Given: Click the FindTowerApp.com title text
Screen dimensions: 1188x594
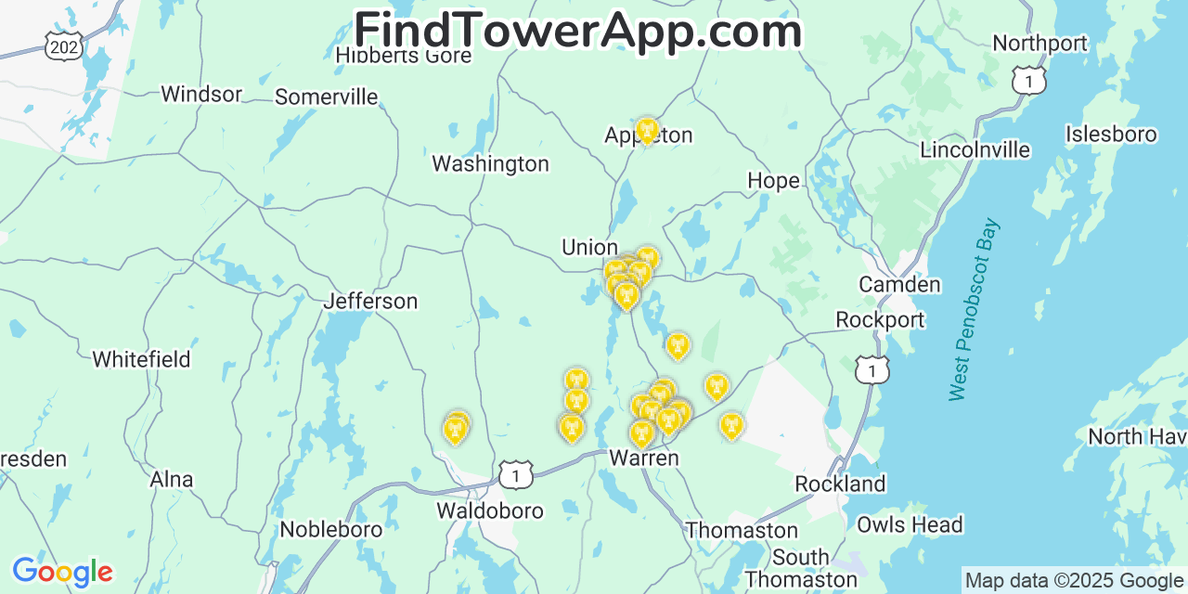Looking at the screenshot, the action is click(x=577, y=32).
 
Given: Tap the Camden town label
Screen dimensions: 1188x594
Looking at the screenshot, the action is click(x=899, y=285).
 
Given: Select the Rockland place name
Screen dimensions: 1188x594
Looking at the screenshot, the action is click(x=840, y=484).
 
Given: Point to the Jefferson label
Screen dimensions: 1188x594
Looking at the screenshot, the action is click(x=370, y=302).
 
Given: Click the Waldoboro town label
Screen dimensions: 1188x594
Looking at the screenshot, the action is click(x=490, y=510).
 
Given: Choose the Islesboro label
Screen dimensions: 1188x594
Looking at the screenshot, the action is click(x=1111, y=135).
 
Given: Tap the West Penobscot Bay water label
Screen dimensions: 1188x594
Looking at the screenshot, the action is click(x=974, y=309).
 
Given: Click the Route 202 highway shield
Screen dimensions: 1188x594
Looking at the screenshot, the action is click(x=64, y=45).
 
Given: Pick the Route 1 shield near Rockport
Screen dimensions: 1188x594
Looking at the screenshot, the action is click(x=872, y=369).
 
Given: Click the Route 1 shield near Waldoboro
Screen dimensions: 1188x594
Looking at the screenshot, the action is click(x=516, y=474).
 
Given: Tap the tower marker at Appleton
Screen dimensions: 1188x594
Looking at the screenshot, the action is click(x=647, y=131).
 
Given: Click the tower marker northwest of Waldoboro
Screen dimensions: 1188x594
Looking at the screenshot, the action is click(x=455, y=428).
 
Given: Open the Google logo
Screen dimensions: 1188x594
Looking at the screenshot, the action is click(x=61, y=572).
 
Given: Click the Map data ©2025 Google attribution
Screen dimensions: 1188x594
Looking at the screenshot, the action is click(x=1074, y=581).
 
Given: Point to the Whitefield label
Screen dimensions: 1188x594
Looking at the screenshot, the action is click(x=141, y=359).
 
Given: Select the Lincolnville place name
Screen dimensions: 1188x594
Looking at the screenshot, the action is click(x=975, y=150).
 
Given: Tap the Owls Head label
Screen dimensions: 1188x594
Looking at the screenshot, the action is click(x=910, y=524).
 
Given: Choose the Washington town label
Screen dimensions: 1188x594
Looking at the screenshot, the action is click(x=490, y=164).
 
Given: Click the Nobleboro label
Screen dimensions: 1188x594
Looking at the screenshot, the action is click(x=331, y=529).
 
